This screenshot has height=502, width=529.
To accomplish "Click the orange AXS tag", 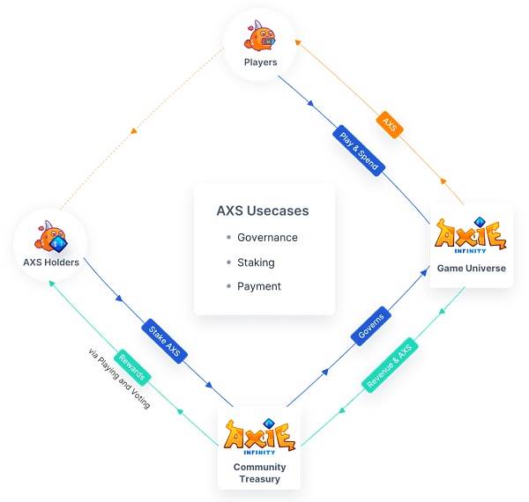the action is [x=390, y=125].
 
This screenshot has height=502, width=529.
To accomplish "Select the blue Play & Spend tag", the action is [x=359, y=151].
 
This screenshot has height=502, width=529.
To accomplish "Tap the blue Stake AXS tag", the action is [x=164, y=341].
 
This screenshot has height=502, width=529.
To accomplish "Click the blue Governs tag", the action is [x=371, y=326].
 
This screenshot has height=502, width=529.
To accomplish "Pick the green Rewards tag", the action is [x=132, y=367].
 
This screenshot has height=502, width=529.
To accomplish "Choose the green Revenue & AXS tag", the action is [x=390, y=365].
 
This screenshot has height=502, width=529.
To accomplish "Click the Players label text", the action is [x=260, y=63].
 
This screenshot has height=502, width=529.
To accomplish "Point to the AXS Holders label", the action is [x=51, y=262].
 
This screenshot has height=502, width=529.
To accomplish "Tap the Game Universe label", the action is [x=472, y=269].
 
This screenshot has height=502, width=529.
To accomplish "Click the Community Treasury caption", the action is [x=259, y=473].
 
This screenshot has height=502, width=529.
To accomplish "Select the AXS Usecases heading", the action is [x=263, y=210].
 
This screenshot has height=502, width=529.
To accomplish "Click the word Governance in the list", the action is [x=267, y=238].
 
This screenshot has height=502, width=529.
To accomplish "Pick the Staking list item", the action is [x=256, y=262].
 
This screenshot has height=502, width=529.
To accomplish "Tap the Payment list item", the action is [x=258, y=286].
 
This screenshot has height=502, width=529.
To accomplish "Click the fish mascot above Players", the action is [x=260, y=36].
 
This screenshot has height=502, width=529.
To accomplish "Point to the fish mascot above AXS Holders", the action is [x=50, y=237].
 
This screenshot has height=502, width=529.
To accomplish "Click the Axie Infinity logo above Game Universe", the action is [x=471, y=235].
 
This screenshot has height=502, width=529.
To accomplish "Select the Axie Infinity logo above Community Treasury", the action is [x=259, y=436].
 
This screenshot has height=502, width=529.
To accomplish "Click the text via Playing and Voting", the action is [x=119, y=379].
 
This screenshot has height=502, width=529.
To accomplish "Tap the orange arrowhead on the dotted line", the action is [x=134, y=131].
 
